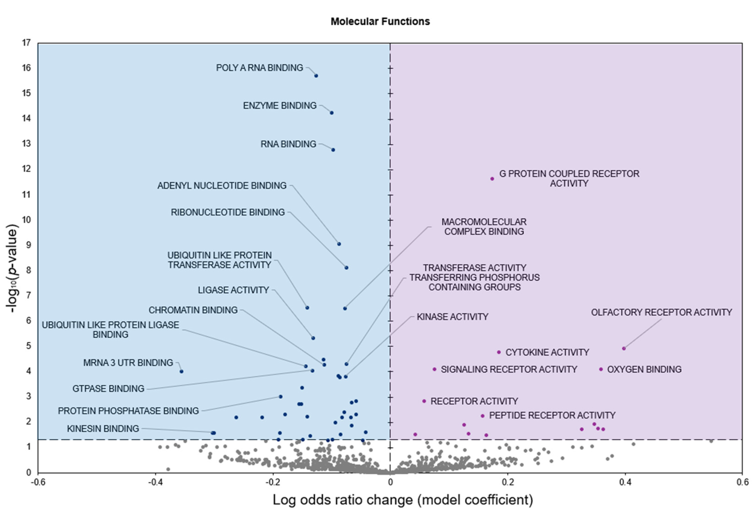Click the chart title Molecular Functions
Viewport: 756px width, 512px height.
pos(380,21)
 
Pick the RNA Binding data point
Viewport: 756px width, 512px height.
pos(333,150)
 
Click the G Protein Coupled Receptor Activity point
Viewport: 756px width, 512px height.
pos(492,179)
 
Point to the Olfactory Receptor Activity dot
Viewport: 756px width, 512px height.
pos(624,348)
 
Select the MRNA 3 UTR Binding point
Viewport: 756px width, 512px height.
pos(181,371)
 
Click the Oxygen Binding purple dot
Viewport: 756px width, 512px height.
pos(601,369)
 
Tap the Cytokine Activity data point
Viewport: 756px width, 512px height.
pos(499,352)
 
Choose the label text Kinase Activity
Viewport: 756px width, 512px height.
pos(452,317)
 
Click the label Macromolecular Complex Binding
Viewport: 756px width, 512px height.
pos(484,226)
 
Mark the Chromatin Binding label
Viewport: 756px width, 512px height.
pos(193,310)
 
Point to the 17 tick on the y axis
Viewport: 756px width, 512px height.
pos(26,43)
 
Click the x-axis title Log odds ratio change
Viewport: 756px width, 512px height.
pos(402,500)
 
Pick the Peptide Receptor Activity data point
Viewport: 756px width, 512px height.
pos(482,416)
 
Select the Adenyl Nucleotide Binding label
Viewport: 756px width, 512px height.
pos(222,185)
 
